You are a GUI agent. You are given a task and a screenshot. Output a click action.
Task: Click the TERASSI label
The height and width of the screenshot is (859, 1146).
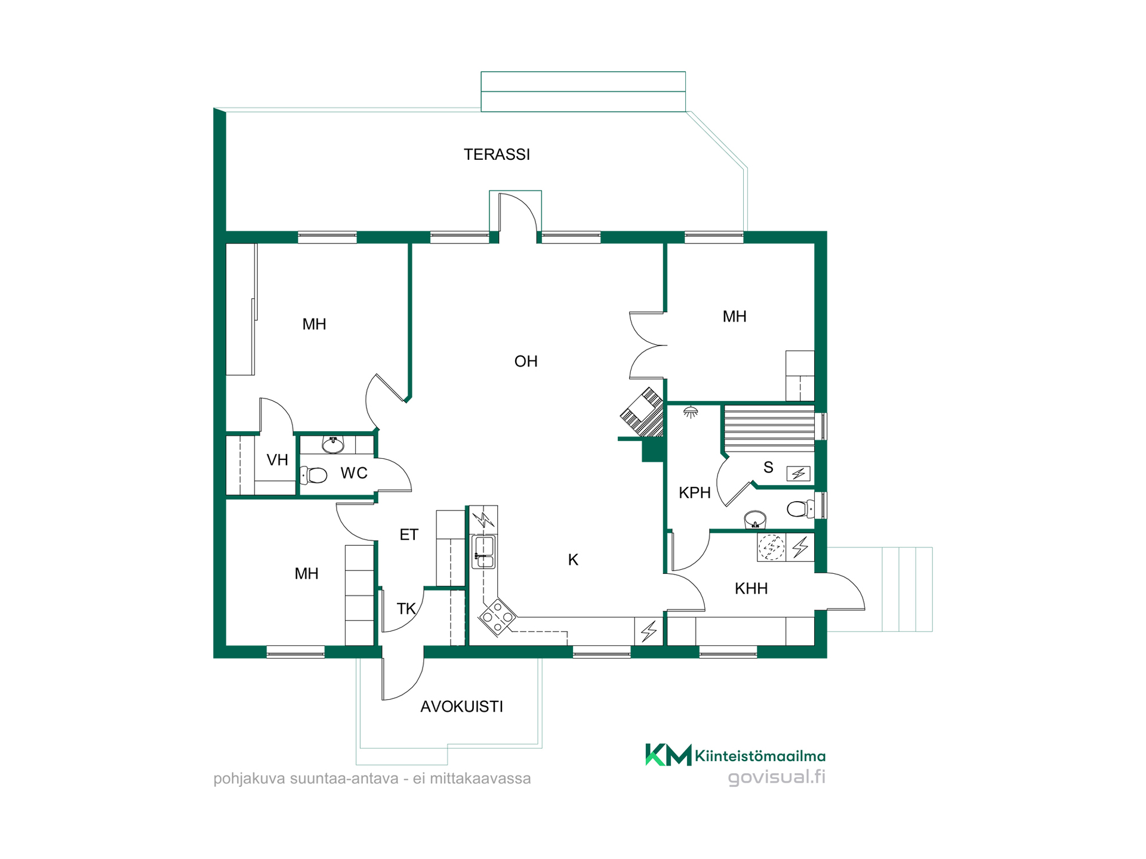click(497, 155)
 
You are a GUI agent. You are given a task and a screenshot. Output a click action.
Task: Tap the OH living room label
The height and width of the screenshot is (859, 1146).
click(526, 361)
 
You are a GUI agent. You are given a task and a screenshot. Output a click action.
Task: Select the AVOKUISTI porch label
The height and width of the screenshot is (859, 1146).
click(461, 707)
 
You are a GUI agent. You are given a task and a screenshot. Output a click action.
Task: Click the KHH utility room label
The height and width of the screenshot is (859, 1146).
click(751, 589)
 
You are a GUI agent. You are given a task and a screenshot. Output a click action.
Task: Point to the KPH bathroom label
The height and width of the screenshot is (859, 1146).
click(695, 493)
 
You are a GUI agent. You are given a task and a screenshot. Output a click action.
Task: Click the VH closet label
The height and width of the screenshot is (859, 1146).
click(277, 460)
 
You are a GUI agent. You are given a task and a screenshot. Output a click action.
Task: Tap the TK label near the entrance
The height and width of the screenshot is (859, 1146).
click(406, 609)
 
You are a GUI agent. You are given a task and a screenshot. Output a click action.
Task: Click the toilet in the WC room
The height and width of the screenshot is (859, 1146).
click(313, 475)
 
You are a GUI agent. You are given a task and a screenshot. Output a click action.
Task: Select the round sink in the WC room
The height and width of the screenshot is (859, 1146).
click(333, 444)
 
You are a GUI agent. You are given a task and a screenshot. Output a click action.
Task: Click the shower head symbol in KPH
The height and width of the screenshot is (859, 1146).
click(691, 412)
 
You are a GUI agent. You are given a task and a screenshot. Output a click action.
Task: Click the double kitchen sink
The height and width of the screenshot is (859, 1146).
click(483, 552)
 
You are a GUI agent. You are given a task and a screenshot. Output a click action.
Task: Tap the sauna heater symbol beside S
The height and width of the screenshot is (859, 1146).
click(799, 474)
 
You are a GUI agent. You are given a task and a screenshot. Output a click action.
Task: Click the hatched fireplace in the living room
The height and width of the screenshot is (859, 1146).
click(643, 412)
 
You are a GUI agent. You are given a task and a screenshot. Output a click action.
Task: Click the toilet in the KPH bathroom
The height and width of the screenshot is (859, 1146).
click(800, 509)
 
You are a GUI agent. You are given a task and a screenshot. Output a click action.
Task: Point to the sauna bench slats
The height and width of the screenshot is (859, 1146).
click(769, 427)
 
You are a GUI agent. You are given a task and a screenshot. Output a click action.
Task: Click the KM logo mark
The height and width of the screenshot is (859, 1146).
click(668, 755)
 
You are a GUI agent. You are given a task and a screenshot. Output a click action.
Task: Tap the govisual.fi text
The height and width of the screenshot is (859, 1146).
click(777, 777)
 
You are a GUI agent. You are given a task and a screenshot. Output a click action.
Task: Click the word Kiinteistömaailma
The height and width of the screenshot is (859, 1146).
click(760, 756)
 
